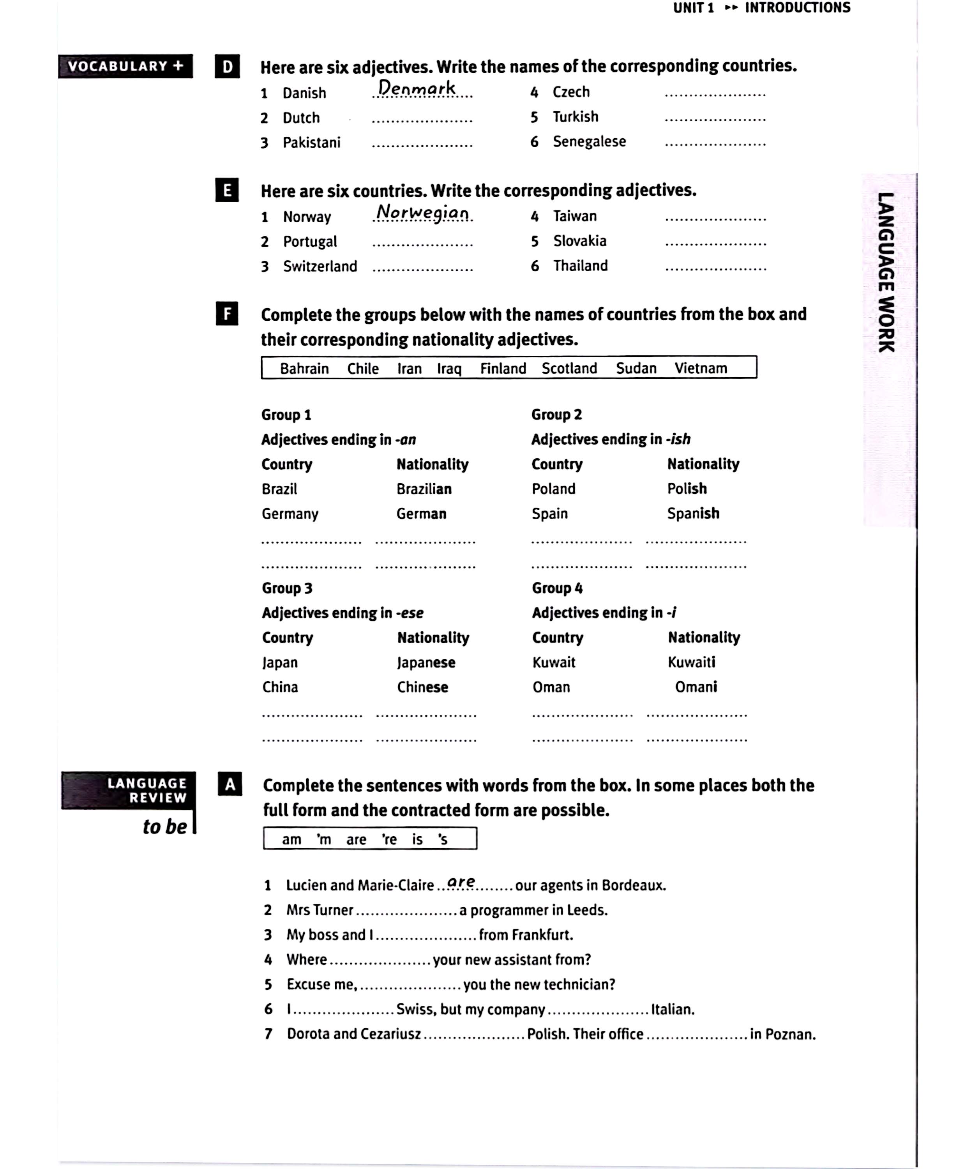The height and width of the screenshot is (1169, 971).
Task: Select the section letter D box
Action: (227, 66)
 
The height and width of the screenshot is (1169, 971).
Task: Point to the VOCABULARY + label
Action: (125, 66)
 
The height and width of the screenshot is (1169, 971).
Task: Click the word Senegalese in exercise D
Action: (589, 141)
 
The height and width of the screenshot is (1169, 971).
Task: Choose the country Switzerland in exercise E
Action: (320, 266)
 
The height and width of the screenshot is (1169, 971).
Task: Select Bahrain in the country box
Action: (304, 369)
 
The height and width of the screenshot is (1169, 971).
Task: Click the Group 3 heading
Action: (287, 588)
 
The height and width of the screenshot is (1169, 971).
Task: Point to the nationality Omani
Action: (696, 687)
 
